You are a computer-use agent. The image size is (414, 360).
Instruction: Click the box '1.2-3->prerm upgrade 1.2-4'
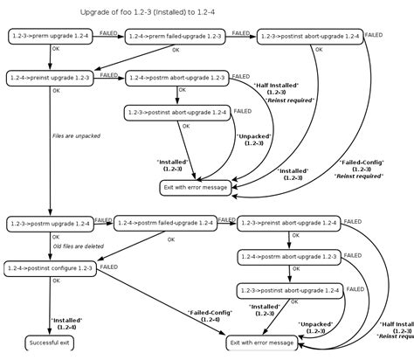(x=51, y=36)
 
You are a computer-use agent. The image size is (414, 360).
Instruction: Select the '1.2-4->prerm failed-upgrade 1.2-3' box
(x=174, y=36)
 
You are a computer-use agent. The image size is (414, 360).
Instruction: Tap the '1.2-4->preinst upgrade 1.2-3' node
(x=51, y=78)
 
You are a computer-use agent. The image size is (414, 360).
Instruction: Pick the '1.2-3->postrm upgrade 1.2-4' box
(x=50, y=224)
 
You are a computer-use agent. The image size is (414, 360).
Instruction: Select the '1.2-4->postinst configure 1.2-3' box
(x=50, y=267)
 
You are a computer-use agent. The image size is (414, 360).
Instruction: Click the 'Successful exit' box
(x=50, y=343)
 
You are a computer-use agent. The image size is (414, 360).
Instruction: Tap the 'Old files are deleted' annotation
(x=79, y=246)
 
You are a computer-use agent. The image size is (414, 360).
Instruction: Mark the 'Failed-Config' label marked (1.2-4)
(x=209, y=315)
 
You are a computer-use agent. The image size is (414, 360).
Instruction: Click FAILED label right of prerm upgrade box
(x=109, y=32)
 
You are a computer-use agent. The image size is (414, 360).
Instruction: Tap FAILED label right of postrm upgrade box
(x=104, y=219)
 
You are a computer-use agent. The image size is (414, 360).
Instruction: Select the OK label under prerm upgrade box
(x=56, y=50)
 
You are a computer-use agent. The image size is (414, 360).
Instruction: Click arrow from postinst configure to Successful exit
(x=50, y=306)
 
